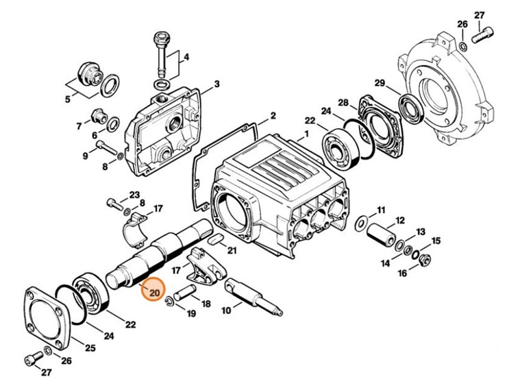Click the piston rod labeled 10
[253, 295]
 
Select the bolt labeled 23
[114, 202]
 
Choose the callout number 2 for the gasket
[272, 115]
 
